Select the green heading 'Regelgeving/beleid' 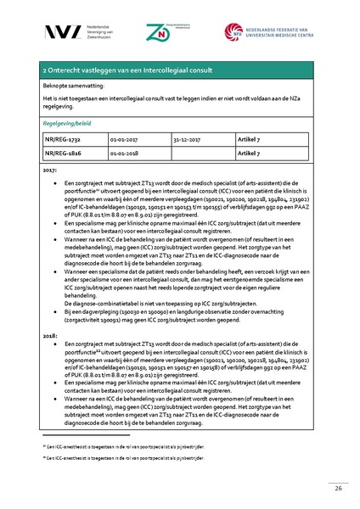(x=67, y=122)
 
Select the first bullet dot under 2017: (x=55, y=182)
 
